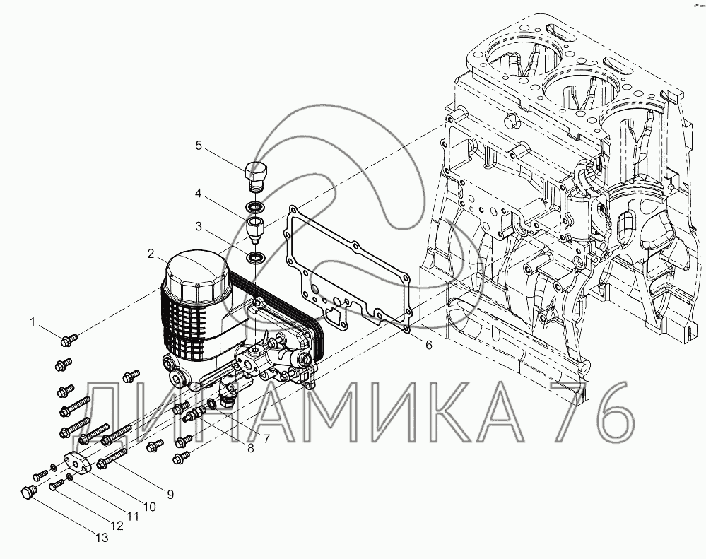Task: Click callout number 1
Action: tap(33, 322)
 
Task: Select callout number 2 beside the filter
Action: tap(151, 253)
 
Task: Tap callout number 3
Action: tap(199, 227)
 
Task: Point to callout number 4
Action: tap(199, 192)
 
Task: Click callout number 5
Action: tap(199, 146)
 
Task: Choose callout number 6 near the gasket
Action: tap(428, 344)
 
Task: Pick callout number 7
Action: tap(266, 439)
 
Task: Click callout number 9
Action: tap(170, 494)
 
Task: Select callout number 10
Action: tap(149, 506)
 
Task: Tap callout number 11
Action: tap(132, 516)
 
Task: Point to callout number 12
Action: tap(117, 526)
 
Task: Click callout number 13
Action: tap(102, 538)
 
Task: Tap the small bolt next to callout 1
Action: tap(69, 341)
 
